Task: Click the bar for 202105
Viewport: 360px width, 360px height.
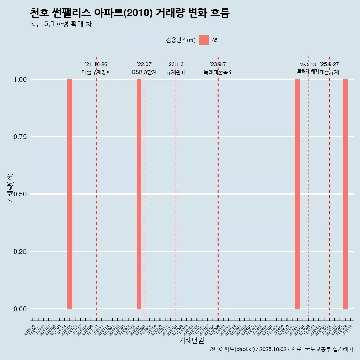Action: (70, 194)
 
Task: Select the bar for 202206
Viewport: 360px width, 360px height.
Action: (139, 194)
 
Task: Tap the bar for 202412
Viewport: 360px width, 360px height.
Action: (297, 194)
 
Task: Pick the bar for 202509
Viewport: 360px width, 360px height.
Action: (345, 194)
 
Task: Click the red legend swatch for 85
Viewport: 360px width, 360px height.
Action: (204, 40)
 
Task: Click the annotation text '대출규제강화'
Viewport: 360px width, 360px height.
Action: (96, 72)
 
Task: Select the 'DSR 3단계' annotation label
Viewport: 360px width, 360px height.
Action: (144, 72)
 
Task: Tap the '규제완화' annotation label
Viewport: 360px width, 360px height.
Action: (176, 72)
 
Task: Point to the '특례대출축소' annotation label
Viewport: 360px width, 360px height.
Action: (218, 72)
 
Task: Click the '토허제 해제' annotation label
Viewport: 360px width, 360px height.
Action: (308, 71)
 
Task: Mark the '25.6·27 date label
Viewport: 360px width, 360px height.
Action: (329, 64)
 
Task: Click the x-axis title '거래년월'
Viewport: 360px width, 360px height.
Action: (191, 340)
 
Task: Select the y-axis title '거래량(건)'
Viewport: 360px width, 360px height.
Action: (10, 188)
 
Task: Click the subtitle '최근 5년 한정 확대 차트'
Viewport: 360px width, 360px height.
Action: (64, 24)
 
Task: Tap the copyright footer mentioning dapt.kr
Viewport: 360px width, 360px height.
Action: (281, 349)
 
